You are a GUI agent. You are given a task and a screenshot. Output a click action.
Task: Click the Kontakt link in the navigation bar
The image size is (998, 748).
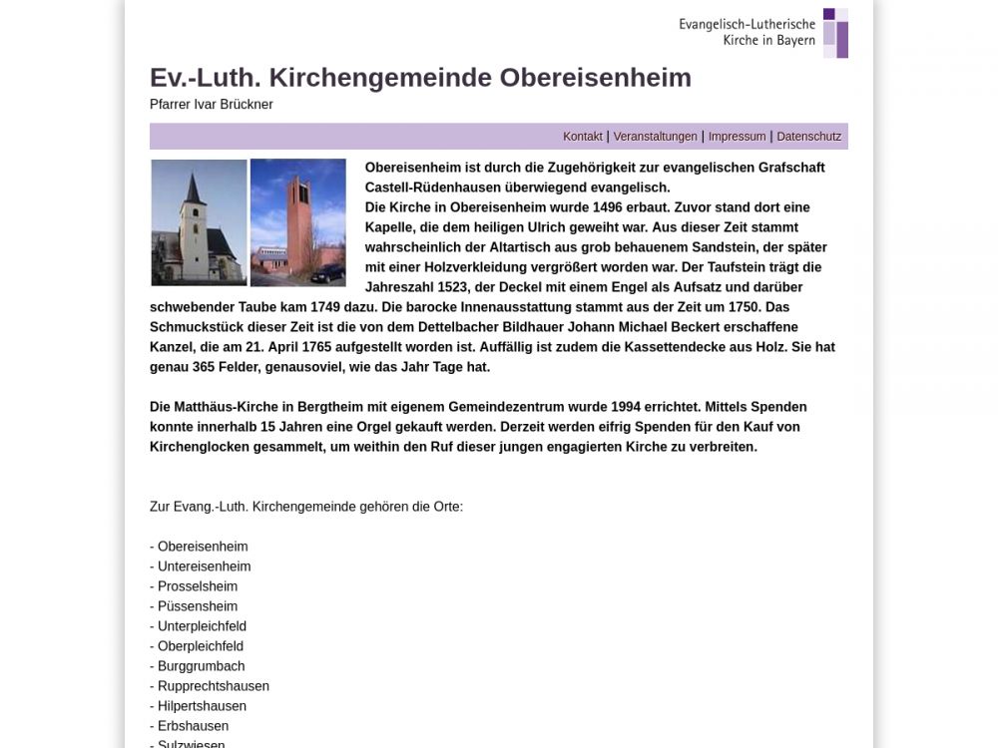583,137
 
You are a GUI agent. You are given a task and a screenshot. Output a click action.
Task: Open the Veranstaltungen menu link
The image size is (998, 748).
655,137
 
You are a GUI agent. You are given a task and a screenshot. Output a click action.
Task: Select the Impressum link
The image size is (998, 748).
737,137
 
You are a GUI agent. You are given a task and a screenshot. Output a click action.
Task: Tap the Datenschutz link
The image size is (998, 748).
808,137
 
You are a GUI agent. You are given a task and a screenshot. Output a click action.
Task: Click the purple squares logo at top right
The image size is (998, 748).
835,33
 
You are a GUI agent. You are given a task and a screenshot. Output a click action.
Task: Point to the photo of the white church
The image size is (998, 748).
199,222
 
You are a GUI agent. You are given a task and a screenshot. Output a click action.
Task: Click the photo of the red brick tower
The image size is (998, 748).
297,222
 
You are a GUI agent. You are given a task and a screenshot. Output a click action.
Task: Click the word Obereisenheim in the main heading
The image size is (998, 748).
595,78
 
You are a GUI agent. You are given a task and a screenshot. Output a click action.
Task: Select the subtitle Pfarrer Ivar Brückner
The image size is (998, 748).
212,105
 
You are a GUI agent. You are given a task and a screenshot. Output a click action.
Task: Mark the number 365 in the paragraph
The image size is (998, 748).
208,367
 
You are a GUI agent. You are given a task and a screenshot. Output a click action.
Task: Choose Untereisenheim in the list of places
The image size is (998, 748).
204,566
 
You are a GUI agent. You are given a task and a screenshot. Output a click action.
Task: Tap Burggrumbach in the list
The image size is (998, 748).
201,666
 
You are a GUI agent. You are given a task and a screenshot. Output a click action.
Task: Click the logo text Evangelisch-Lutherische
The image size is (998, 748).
747,24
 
